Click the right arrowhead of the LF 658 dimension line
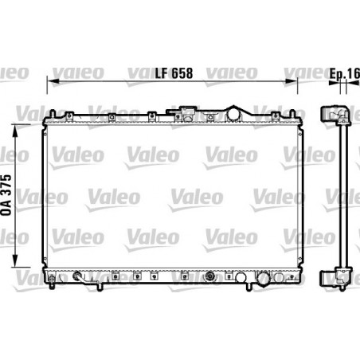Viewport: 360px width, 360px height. click(x=294, y=81)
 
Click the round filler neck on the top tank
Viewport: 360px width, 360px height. click(x=234, y=113)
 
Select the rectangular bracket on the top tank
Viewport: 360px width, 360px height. click(x=189, y=110)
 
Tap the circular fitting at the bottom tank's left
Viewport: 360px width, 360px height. click(x=76, y=278)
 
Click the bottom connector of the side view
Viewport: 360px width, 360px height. click(x=330, y=277)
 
